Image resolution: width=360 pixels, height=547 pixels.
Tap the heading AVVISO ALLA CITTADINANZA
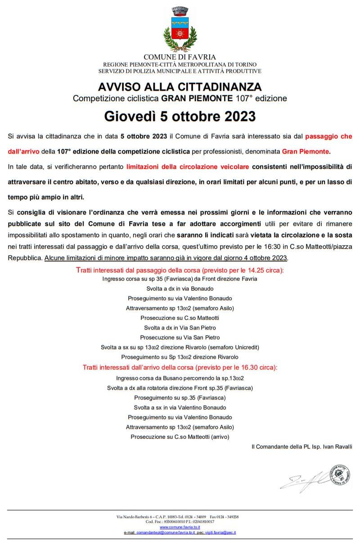click(180, 86)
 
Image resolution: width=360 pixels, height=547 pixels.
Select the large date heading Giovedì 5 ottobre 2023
click(180, 116)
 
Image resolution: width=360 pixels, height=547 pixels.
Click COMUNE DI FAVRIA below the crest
click(180, 57)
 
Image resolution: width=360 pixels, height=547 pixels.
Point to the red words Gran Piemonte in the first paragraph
click(306, 152)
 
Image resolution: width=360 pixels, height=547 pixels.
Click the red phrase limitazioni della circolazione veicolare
click(188, 167)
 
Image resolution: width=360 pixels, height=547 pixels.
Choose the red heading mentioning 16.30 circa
click(180, 368)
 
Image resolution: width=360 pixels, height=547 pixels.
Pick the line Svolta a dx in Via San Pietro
click(180, 327)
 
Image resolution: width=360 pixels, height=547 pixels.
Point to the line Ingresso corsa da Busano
click(180, 378)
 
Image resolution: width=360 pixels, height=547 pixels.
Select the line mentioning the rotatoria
click(180, 388)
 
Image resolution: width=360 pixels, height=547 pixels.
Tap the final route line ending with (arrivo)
click(180, 437)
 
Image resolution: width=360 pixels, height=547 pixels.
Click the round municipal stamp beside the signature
click(341, 475)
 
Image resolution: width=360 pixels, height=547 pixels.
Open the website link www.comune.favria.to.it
click(180, 527)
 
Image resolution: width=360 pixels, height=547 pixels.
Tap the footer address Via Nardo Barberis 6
click(135, 517)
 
